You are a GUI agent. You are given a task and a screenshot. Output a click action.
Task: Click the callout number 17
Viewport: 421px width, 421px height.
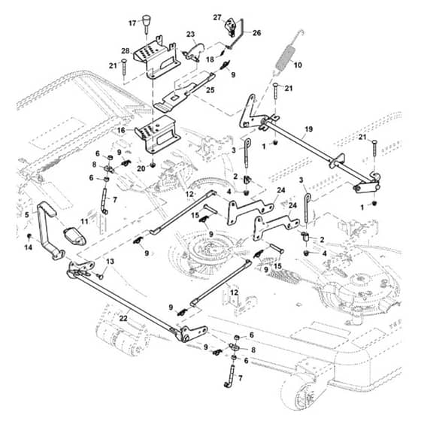(x=132, y=23)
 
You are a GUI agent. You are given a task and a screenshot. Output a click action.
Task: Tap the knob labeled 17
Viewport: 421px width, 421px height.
(x=146, y=23)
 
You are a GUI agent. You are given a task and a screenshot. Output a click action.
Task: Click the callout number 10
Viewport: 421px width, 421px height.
(x=298, y=65)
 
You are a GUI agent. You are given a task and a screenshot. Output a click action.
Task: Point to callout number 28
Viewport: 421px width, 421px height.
(x=126, y=51)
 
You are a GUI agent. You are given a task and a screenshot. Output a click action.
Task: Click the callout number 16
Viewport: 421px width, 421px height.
(x=121, y=130)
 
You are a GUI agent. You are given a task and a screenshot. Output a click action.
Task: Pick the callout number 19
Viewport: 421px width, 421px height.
(x=309, y=129)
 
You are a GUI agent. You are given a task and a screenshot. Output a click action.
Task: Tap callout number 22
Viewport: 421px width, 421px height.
(x=123, y=319)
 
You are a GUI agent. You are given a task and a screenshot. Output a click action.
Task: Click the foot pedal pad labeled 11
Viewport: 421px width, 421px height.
(x=75, y=236)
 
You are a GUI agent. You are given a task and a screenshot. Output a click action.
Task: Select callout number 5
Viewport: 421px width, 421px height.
(x=26, y=215)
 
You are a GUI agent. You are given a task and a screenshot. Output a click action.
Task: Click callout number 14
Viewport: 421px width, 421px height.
(x=29, y=247)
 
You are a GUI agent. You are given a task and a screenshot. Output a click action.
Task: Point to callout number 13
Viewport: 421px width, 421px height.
(x=110, y=262)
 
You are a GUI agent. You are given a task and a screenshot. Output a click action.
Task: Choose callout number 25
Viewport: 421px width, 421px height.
(x=210, y=90)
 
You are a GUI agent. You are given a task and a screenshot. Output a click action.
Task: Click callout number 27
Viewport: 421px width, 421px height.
(x=217, y=18)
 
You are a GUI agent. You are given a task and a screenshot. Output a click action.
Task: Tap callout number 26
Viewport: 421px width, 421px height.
(x=256, y=33)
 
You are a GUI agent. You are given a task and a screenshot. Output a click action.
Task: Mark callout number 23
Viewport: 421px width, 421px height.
(x=190, y=35)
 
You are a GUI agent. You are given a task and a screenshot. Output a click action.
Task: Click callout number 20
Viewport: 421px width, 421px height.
(x=141, y=168)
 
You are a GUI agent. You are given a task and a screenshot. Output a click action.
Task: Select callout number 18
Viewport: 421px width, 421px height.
(x=210, y=59)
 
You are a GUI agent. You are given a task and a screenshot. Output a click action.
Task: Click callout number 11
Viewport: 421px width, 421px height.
(x=84, y=222)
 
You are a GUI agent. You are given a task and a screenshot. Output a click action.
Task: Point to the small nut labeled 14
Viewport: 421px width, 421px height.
(x=29, y=236)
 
